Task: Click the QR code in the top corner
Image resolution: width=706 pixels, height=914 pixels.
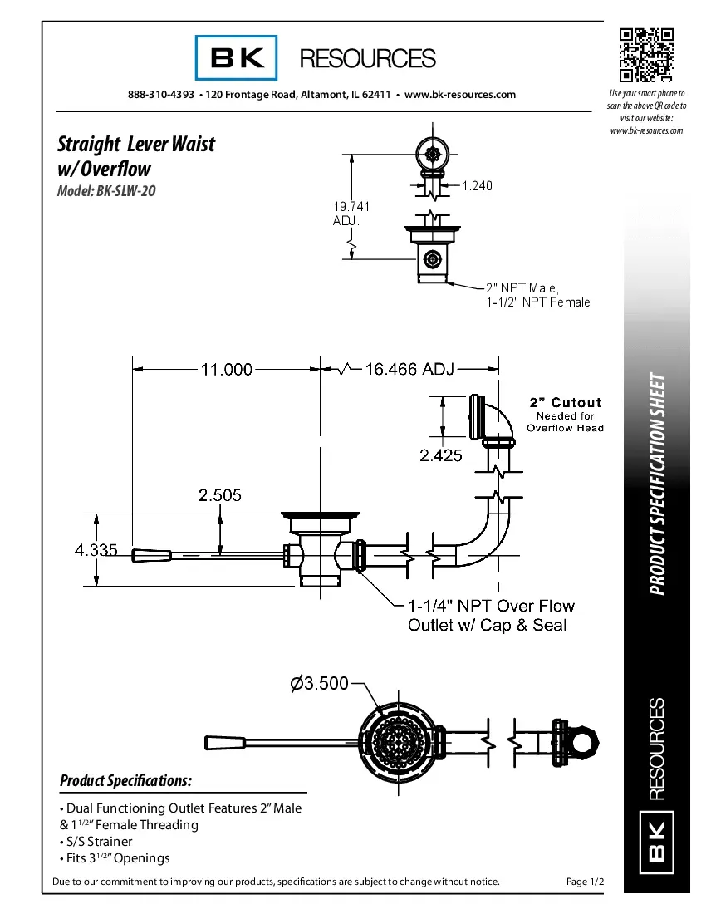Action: click(x=645, y=55)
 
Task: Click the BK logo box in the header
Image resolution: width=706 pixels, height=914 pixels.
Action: click(x=237, y=58)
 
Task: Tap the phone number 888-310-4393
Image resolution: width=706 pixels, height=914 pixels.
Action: click(x=161, y=95)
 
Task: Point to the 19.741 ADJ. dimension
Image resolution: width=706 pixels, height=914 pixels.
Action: click(x=351, y=214)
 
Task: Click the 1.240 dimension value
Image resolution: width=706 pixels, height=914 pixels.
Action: click(x=477, y=186)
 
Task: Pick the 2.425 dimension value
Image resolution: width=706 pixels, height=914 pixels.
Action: click(x=441, y=455)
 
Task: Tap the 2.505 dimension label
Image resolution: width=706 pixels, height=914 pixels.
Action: click(x=220, y=495)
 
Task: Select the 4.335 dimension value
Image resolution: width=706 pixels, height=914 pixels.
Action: click(x=96, y=550)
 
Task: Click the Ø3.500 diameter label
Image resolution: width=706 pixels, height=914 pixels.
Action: click(x=319, y=684)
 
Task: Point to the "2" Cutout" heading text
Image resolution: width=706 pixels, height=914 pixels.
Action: click(x=565, y=403)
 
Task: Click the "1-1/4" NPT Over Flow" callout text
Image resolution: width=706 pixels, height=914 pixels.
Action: click(x=491, y=606)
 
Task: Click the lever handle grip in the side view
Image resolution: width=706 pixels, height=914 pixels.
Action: click(x=150, y=553)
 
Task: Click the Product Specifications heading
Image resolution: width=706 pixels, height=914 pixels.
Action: click(x=126, y=781)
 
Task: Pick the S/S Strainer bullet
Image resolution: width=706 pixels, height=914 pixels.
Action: click(x=96, y=842)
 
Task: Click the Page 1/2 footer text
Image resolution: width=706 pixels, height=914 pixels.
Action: click(x=585, y=882)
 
